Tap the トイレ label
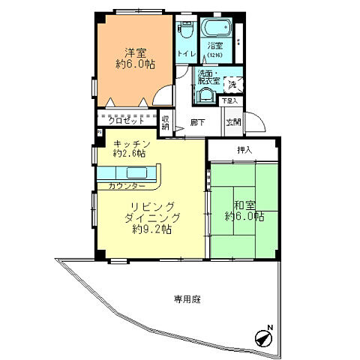pos(185,54)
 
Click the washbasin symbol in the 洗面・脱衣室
pos(204,94)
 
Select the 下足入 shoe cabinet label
pos(229,100)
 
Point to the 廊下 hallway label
pos(197,122)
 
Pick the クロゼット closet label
pos(124,119)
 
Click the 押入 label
pos(244,150)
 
